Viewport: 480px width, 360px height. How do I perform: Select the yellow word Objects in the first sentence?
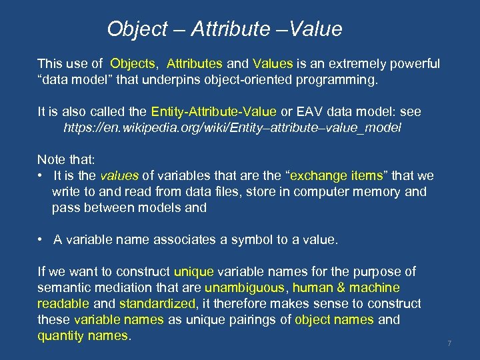(133, 64)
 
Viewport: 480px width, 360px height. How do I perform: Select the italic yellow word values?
(119, 176)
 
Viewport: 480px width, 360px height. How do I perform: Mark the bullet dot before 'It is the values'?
(41, 176)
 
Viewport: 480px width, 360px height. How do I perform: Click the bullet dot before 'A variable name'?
(41, 240)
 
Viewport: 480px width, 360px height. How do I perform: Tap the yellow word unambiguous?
(245, 288)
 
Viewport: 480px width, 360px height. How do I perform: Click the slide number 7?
(450, 343)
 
